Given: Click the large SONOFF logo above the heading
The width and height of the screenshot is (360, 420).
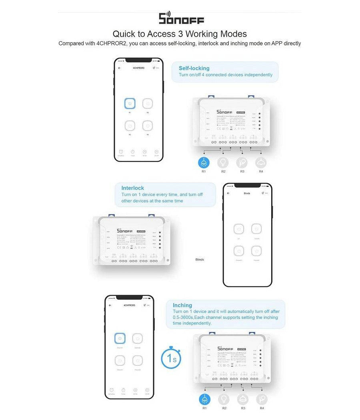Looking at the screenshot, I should point(181,18).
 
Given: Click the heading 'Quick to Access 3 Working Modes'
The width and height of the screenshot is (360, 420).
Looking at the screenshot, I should point(180,34).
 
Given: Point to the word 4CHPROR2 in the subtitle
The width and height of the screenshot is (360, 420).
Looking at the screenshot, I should point(110,43).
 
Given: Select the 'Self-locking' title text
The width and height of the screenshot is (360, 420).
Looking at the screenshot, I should point(194,68).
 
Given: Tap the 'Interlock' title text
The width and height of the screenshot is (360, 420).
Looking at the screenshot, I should point(132,188).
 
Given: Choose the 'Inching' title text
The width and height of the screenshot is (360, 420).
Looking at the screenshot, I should point(182,305).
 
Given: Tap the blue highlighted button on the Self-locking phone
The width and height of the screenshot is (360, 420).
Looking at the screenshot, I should point(130,104).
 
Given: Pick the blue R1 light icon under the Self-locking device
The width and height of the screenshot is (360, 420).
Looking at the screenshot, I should point(204,162).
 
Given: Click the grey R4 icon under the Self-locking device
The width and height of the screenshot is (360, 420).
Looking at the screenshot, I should point(261,162).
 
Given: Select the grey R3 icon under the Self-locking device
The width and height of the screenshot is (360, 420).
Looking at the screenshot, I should point(242,162).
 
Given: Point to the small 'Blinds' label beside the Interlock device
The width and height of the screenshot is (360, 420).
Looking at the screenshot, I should point(200,260).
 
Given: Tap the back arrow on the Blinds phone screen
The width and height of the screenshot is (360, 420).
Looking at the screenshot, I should point(228,193).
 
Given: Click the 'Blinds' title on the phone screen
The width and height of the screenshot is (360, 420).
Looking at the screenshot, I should point(247,193).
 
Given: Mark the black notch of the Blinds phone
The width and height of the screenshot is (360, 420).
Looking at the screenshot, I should point(247,186).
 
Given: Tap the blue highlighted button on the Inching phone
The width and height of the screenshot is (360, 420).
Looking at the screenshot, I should point(120,338).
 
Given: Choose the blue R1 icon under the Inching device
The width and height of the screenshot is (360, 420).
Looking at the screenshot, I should point(205,399).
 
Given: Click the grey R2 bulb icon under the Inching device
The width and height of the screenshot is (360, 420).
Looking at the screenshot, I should point(224,399).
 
